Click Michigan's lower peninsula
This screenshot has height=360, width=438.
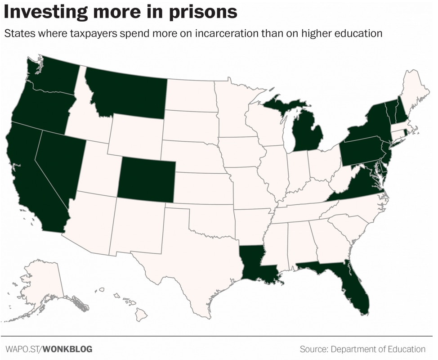coord(308,135)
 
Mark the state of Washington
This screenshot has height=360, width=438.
coord(54,74)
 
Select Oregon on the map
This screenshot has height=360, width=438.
coord(40,110)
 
